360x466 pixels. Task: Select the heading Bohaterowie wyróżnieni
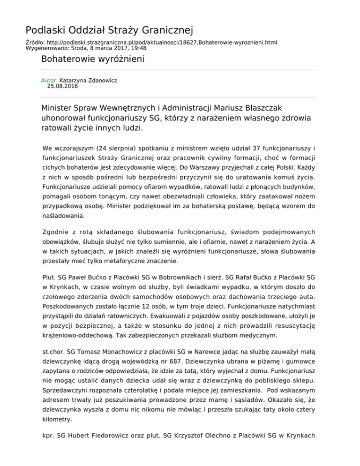coord(92,60)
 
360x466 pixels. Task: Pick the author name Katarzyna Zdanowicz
coord(91,81)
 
